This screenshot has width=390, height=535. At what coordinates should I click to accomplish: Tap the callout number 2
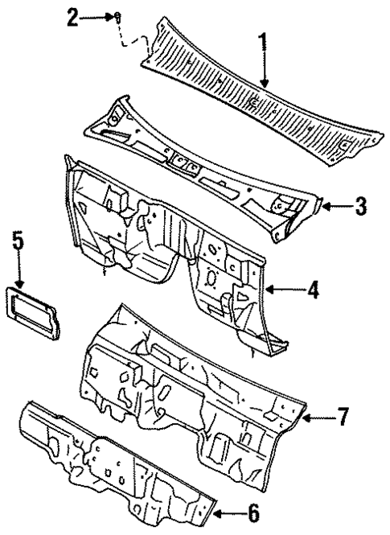click(x=74, y=19)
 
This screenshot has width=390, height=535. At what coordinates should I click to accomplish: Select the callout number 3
click(x=361, y=207)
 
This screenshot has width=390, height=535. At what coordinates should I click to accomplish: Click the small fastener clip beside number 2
click(x=117, y=18)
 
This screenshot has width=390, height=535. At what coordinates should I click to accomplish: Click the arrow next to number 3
click(x=333, y=207)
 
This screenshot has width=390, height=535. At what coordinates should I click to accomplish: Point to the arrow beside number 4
click(x=281, y=289)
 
